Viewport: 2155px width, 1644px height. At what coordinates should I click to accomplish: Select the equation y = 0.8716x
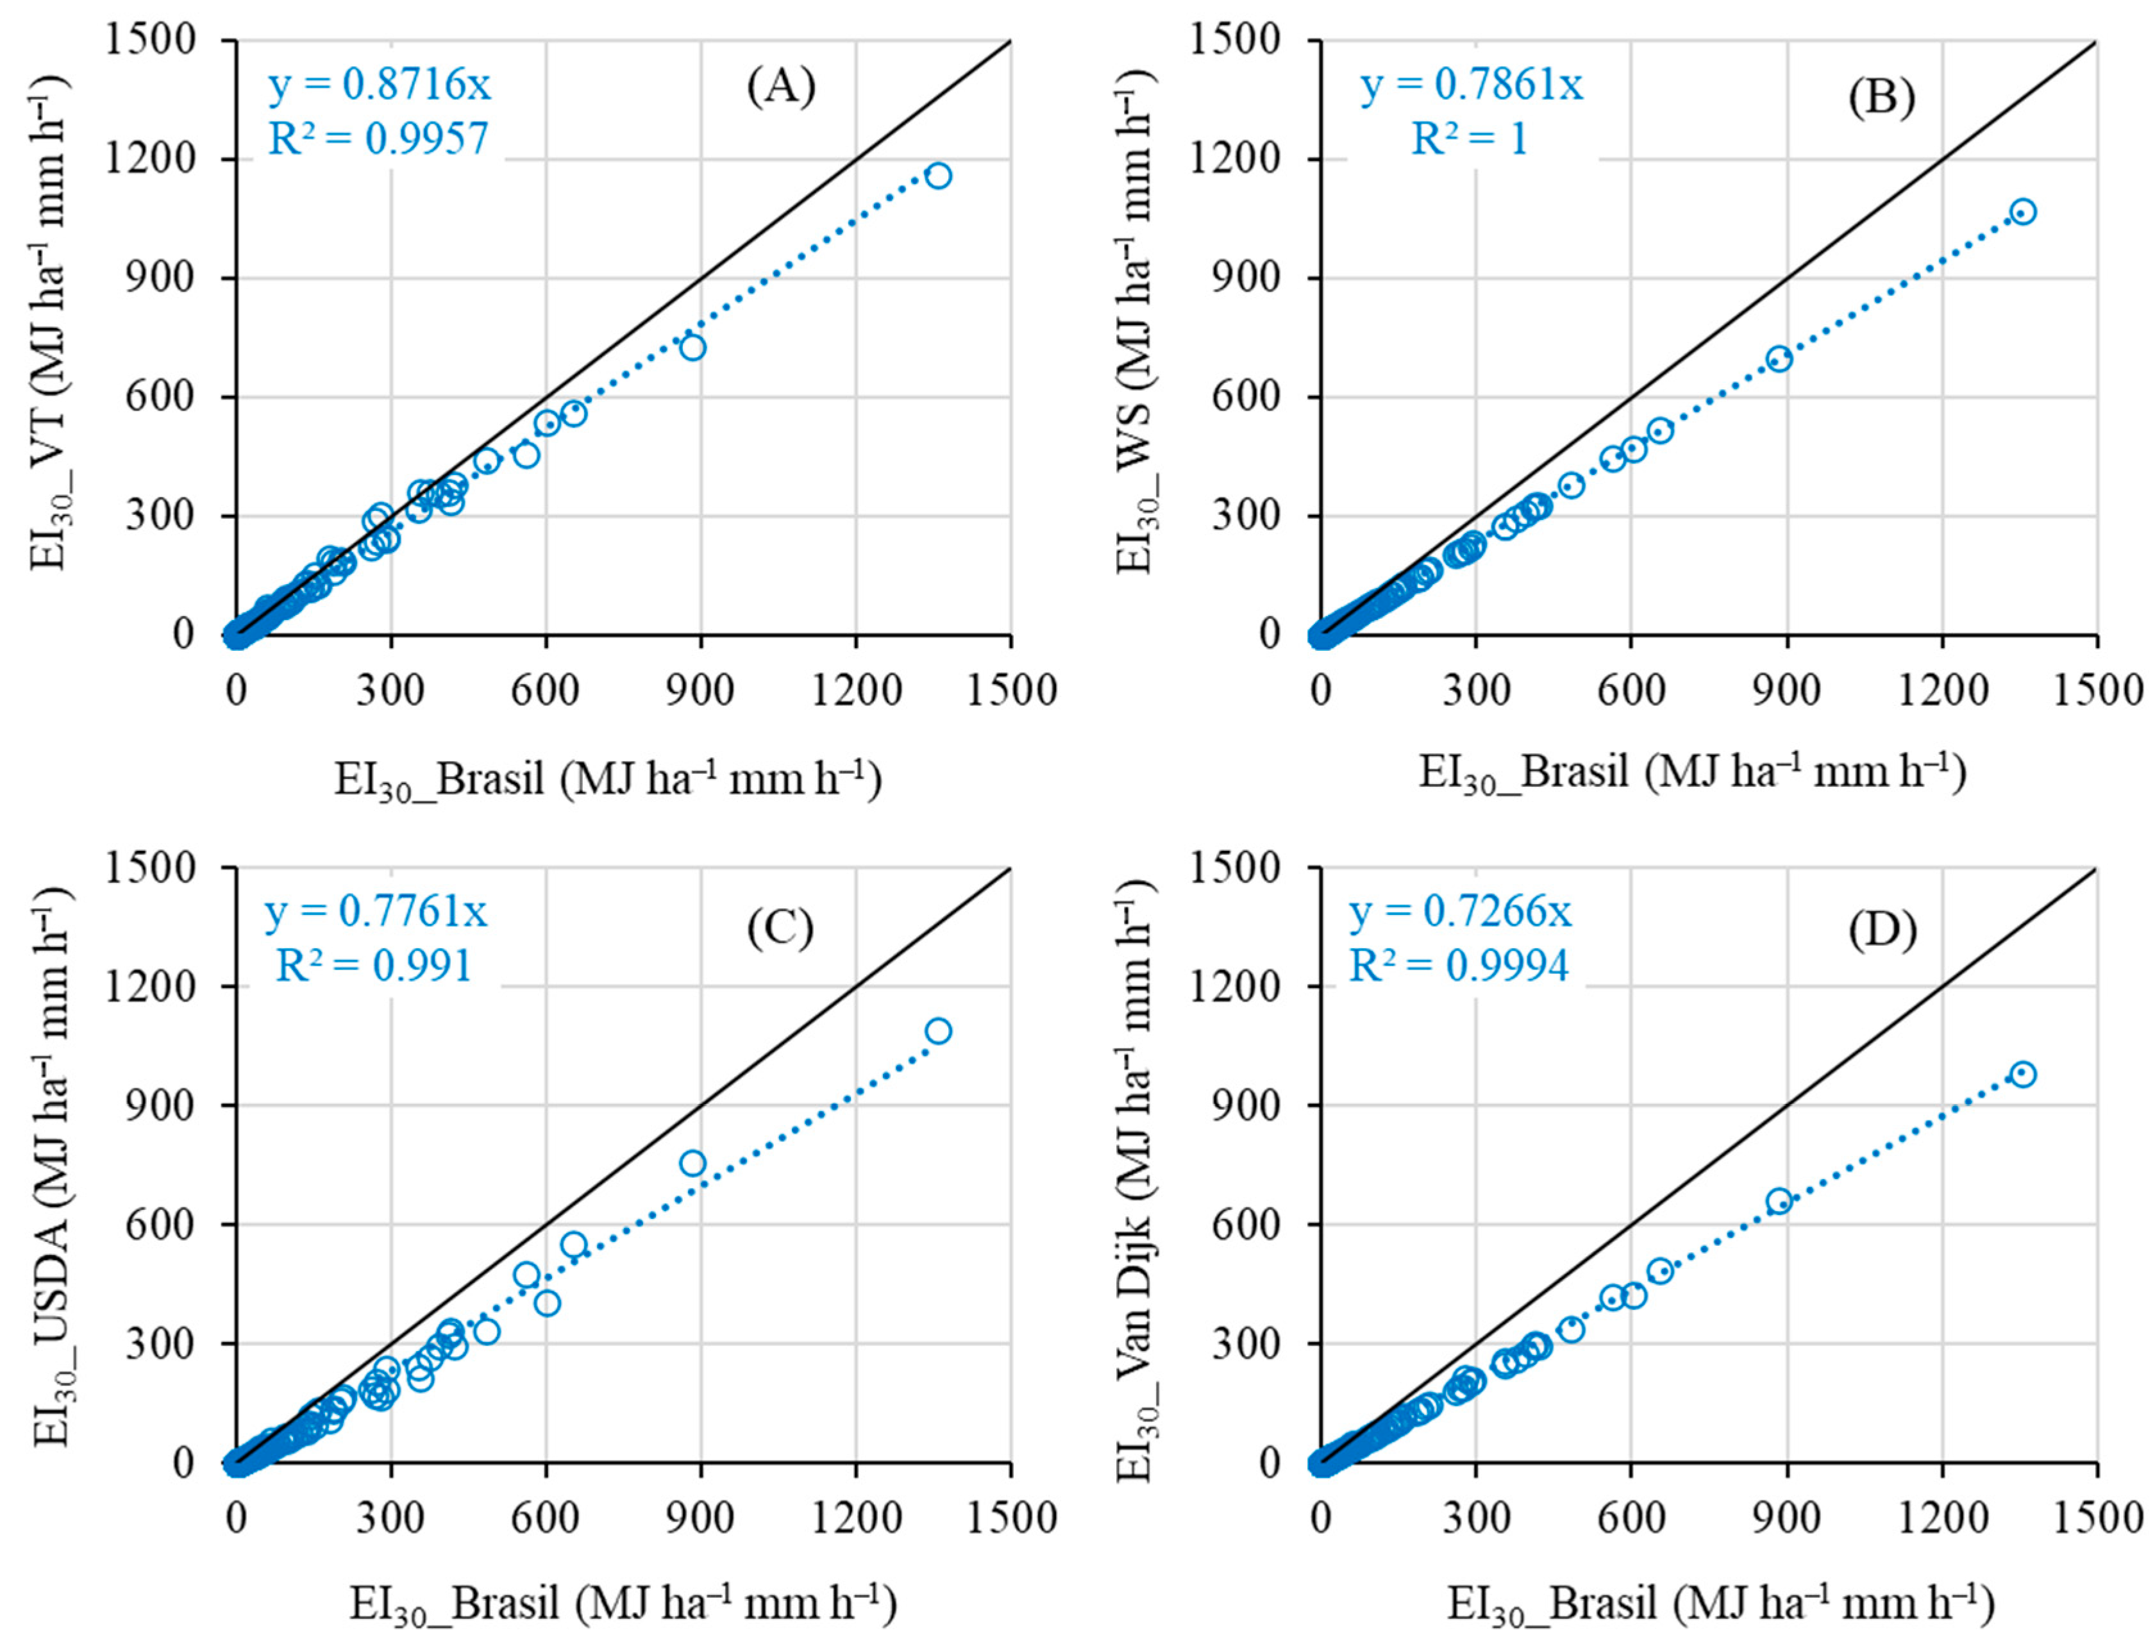point(380,86)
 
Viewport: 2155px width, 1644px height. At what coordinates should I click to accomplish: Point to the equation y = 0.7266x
point(1460,912)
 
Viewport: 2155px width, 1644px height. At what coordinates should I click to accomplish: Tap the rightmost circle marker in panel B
point(2024,212)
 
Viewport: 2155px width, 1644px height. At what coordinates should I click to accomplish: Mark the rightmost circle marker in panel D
point(2024,1075)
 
